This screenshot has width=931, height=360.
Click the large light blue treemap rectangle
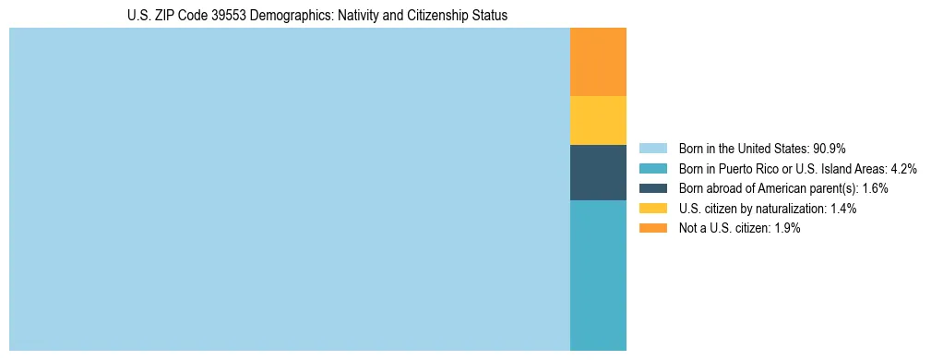click(290, 189)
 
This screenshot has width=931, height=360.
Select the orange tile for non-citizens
click(598, 62)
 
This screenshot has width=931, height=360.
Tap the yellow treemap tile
click(598, 120)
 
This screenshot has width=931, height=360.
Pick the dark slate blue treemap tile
click(598, 173)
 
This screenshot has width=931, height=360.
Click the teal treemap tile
click(598, 275)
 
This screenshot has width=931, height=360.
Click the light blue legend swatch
click(652, 149)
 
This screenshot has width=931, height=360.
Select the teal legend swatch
click(652, 169)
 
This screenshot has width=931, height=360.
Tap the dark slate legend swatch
click(652, 188)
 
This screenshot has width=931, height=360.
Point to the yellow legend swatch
click(652, 209)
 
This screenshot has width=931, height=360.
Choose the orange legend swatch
click(652, 228)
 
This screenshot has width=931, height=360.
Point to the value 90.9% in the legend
click(829, 149)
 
